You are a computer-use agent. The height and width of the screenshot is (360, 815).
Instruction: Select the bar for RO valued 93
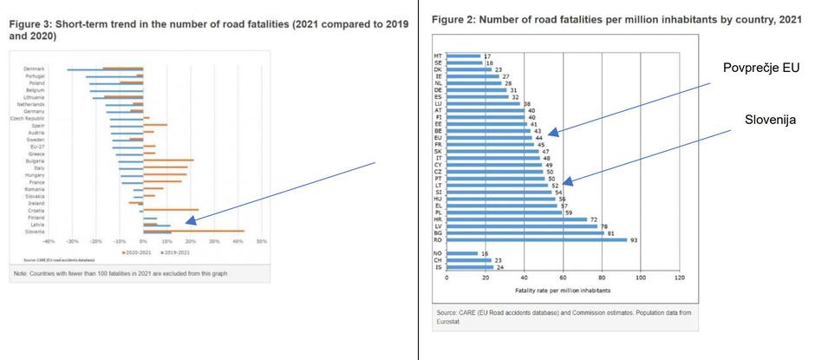pos(537,240)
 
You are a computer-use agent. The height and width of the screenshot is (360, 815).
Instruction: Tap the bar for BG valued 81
pos(525,233)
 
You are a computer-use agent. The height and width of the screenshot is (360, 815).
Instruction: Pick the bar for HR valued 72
pos(517,219)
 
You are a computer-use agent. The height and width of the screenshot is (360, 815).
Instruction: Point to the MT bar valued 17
pos(463,56)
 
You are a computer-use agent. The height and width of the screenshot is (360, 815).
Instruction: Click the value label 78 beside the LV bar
pos(603,226)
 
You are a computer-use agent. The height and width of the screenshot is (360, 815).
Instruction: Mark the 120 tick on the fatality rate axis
pos(679,278)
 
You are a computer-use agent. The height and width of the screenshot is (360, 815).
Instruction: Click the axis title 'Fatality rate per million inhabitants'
pos(563,289)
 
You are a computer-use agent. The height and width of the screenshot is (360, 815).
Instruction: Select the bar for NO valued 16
pos(462,253)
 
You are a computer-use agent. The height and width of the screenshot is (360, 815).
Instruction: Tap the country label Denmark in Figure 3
pos(36,69)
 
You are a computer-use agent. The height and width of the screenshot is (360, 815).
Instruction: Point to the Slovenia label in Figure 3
pos(36,232)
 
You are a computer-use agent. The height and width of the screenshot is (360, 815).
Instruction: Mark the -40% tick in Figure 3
pos(49,242)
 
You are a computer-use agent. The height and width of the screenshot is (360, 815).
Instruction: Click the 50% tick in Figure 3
pos(261,242)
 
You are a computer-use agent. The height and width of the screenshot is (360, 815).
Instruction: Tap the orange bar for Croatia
pos(171,209)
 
